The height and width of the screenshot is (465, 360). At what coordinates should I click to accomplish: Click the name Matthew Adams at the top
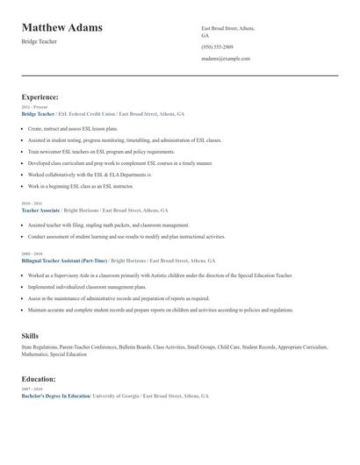click(x=61, y=27)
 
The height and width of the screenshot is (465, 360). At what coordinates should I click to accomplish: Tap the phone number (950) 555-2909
click(x=217, y=46)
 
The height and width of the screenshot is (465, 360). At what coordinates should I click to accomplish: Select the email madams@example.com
click(x=226, y=59)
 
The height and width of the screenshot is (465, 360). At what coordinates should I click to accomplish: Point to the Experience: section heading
click(x=40, y=97)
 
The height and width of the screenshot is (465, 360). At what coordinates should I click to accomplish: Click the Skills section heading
click(x=30, y=336)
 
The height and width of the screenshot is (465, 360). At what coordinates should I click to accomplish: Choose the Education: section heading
click(x=39, y=379)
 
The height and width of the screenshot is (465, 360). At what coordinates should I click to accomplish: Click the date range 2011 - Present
click(x=34, y=108)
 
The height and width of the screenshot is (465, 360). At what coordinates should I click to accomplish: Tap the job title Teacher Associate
click(x=40, y=211)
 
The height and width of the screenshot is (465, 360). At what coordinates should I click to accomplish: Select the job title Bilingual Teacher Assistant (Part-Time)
click(x=64, y=261)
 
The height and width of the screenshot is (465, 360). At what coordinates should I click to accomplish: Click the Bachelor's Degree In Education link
click(x=55, y=396)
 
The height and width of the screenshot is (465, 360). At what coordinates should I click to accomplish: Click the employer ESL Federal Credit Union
click(x=85, y=114)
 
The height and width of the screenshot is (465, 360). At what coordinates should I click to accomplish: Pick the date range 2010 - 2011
click(x=32, y=204)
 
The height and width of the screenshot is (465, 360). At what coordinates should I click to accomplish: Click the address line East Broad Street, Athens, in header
click(x=227, y=28)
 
